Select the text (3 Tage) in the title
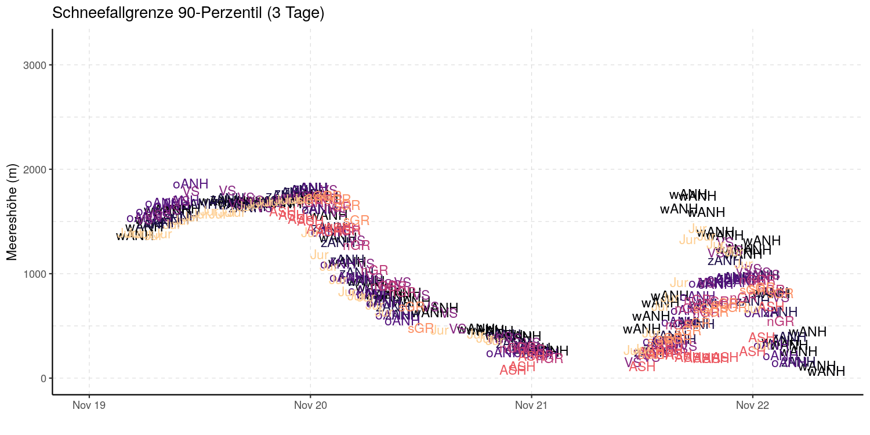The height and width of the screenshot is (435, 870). point(296,13)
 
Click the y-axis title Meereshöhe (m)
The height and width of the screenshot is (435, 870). point(13,212)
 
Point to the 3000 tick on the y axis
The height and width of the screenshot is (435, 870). point(34,65)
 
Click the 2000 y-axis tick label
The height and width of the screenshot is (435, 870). point(34,169)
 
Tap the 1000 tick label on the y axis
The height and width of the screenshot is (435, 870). point(34,274)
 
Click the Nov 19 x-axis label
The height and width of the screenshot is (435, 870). point(89,405)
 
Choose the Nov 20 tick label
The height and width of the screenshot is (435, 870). point(310,405)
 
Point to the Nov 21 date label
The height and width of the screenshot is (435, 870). point(532,405)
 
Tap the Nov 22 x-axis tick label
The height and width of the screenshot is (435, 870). point(753,405)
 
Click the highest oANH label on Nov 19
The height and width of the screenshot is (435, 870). point(190,184)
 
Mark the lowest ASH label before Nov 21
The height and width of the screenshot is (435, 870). point(513,371)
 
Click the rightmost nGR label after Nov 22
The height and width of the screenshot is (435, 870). point(780,321)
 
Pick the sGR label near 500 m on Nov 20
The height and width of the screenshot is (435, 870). point(420,328)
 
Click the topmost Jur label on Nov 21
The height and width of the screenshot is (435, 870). point(698,228)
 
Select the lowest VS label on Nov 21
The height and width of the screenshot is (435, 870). point(633,362)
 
